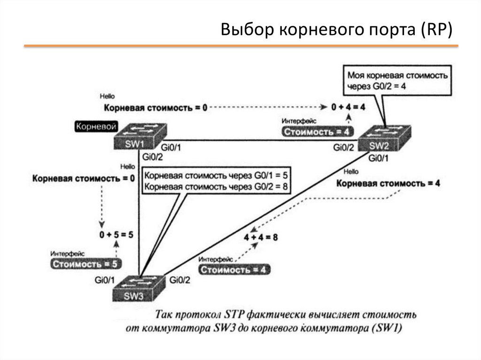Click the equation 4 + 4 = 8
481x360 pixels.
click(x=260, y=237)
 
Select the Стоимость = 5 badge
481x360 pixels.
click(x=85, y=264)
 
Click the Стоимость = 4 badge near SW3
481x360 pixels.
click(x=234, y=269)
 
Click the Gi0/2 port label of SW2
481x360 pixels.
click(x=344, y=148)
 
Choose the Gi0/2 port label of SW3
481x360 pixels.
click(x=180, y=280)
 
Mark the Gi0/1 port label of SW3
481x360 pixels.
click(x=104, y=280)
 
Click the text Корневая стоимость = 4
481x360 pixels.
click(x=388, y=184)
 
